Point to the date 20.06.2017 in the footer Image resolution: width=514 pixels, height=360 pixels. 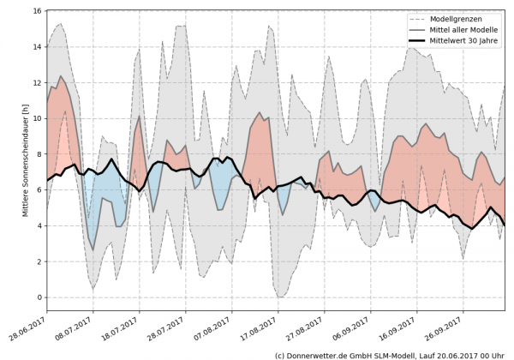(452, 353)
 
